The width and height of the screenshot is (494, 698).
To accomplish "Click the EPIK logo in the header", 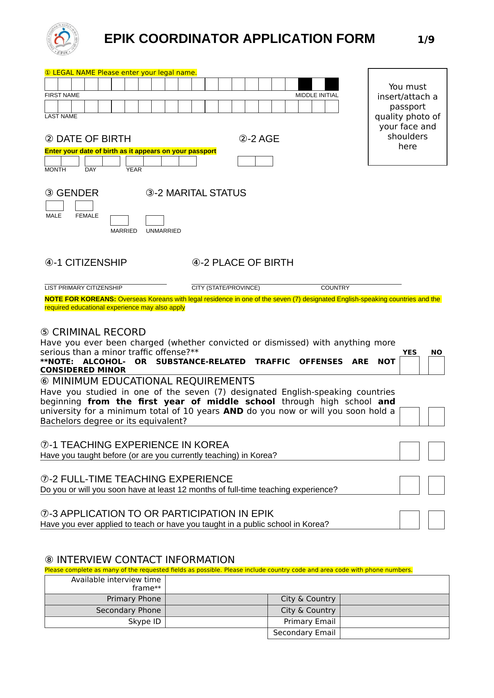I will click(62, 39).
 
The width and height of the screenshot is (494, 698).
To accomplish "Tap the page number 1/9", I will click(426, 39).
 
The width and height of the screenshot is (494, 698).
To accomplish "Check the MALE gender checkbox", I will click(55, 206).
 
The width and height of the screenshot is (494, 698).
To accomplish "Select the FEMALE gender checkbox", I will click(84, 206).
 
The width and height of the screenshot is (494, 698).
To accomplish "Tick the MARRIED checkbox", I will click(119, 220).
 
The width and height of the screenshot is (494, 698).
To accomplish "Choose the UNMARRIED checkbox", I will click(155, 220).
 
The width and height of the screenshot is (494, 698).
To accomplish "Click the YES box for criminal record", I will click(409, 365).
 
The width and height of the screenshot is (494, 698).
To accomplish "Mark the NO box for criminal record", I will click(436, 365).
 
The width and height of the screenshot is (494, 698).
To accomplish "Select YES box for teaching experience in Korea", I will click(409, 451).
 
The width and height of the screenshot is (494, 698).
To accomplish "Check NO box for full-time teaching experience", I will click(436, 485).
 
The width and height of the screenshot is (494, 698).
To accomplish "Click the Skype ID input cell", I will click(216, 622).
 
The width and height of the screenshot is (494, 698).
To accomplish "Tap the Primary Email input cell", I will click(394, 622).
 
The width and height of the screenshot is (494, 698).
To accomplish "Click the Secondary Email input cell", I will click(394, 633).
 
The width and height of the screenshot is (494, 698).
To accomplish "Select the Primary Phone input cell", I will click(216, 599).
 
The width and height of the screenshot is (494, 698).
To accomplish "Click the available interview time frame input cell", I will click(307, 584).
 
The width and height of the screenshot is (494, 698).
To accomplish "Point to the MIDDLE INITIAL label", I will click(317, 95).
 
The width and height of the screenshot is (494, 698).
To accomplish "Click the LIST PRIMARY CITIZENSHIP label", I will click(84, 288).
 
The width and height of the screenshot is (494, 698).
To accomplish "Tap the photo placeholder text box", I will click(407, 117).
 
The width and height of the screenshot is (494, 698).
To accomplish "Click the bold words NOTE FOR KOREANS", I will click(80, 299).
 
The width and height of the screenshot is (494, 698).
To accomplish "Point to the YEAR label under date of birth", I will click(134, 170).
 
